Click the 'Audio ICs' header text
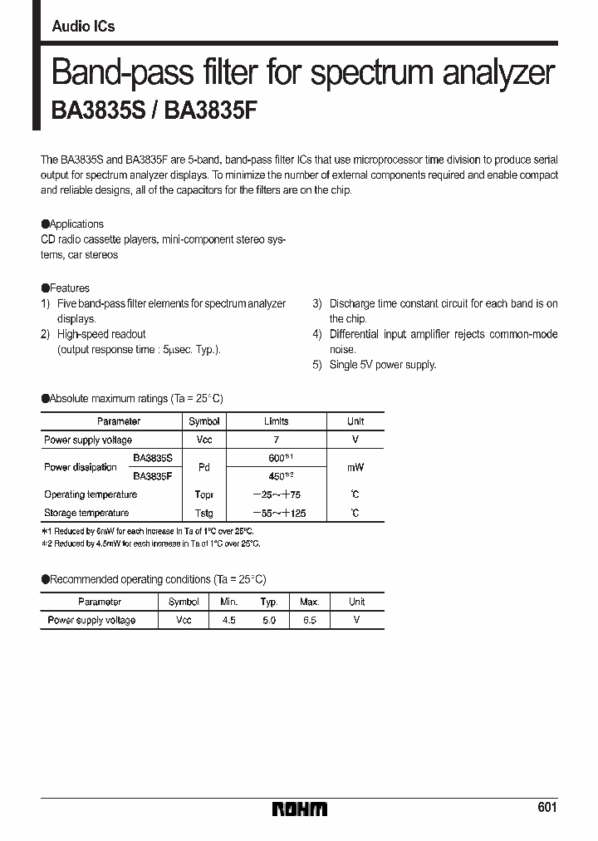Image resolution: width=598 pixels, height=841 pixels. coord(83,27)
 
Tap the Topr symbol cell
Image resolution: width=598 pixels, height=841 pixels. coord(203,494)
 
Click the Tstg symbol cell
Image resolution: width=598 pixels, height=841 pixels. coord(203,513)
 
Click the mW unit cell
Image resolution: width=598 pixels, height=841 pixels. coord(355,467)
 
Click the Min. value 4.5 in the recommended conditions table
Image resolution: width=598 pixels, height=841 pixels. coord(228,620)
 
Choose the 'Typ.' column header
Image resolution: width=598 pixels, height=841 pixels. coord(268,602)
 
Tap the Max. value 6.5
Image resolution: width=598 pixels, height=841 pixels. coord(309,620)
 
